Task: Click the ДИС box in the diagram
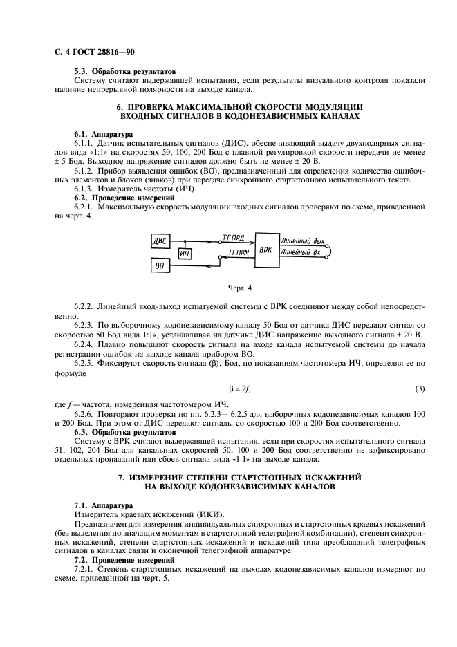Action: point(161,241)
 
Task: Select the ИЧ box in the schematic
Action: point(184,254)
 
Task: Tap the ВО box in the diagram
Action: point(161,265)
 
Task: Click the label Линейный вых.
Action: point(303,241)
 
